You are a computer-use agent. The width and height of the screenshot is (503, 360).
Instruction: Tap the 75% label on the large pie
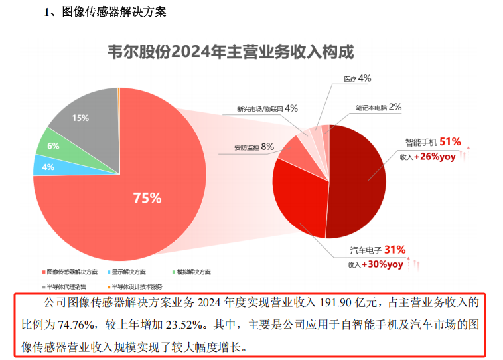(x=147, y=197)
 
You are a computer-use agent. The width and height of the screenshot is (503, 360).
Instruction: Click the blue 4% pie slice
(x=46, y=167)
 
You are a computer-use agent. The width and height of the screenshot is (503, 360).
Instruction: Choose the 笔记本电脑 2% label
(x=378, y=107)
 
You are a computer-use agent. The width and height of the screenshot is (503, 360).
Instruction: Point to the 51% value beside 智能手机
(x=450, y=142)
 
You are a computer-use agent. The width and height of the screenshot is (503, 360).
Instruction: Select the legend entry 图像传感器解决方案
(x=72, y=272)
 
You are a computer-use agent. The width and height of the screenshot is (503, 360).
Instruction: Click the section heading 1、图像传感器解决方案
(x=105, y=12)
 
